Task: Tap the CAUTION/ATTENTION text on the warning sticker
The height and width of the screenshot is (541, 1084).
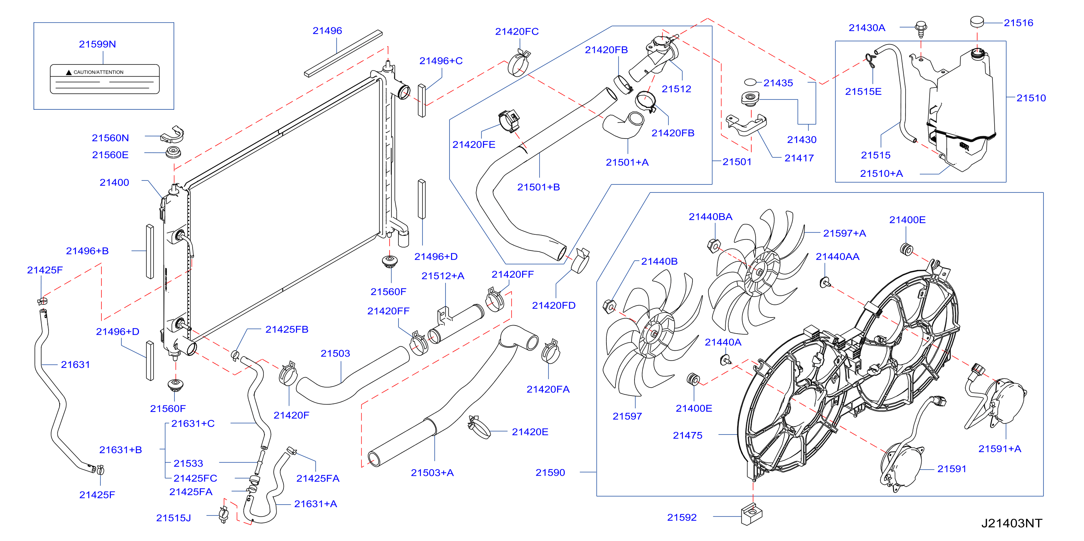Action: pos(99,72)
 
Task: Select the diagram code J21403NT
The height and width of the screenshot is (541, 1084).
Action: pos(1012,524)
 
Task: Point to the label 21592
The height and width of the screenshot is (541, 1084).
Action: pos(682,517)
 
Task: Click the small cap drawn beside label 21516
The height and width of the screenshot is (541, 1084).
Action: pos(977,22)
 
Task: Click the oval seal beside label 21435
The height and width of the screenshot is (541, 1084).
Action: pos(750,82)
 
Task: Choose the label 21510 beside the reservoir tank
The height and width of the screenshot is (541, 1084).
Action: pos(1031,98)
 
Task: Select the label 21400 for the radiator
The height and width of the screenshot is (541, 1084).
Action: pos(114,182)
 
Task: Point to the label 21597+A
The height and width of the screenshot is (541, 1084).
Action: pos(844,233)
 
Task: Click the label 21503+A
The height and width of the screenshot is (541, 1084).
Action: pos(432,473)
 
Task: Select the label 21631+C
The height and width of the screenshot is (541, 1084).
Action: pos(193,424)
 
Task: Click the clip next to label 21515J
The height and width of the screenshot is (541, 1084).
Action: pos(223,514)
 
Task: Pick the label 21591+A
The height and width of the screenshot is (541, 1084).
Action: pos(999,449)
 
